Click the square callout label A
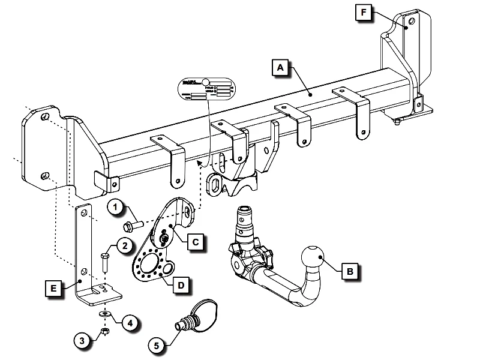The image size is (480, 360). (x=278, y=67)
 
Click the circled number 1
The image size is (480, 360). (x=116, y=208)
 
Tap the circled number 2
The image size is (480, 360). (x=124, y=245)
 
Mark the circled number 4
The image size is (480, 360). (x=130, y=322)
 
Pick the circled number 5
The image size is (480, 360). (x=158, y=345)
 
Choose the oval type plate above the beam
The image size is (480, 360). (x=208, y=90)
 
